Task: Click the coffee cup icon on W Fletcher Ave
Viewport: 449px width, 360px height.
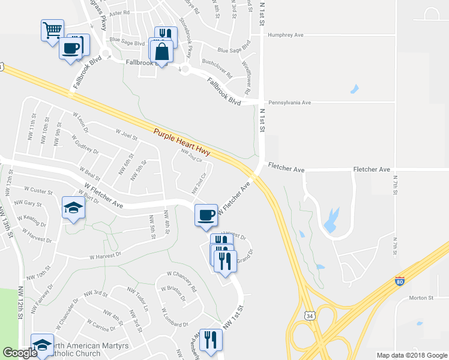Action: pos(206,214)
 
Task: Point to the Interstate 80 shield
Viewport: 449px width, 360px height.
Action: pos(400,280)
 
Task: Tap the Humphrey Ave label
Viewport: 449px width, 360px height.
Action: pos(286,35)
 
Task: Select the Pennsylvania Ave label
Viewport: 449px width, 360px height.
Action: pos(289,103)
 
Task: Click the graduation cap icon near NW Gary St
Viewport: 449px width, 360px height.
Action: pos(73,208)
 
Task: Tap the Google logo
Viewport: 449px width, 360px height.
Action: pos(20,353)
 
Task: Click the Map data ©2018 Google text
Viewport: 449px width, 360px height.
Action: pos(411,355)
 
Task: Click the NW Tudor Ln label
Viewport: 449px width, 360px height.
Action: pos(137,298)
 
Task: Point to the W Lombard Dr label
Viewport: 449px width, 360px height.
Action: pos(175,319)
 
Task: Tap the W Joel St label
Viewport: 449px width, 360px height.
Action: pos(127,134)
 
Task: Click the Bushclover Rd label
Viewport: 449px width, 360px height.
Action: pos(217,68)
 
